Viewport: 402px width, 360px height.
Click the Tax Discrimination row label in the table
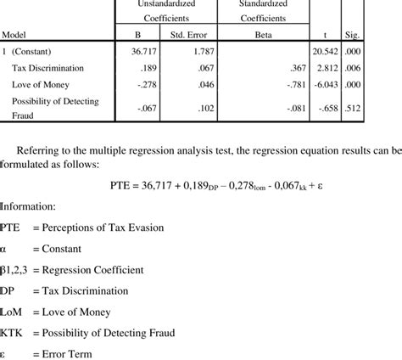tap(52, 68)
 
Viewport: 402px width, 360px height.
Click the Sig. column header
tap(351, 35)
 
